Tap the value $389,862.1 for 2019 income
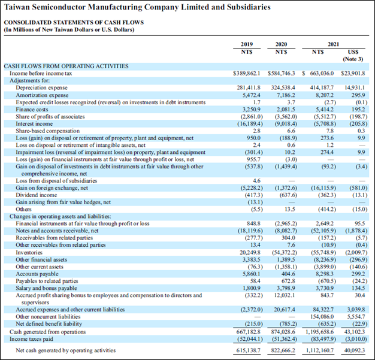pyautogui.click(x=247, y=73)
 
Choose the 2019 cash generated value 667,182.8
pyautogui.click(x=247, y=331)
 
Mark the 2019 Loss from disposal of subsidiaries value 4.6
pyautogui.click(x=256, y=180)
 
